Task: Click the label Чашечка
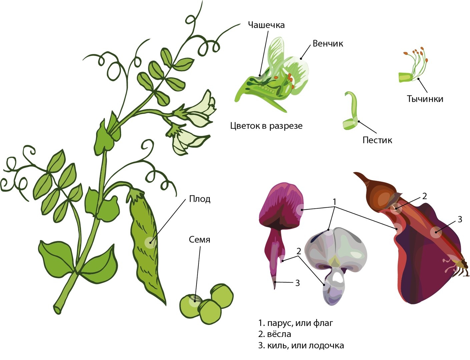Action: point(266,25)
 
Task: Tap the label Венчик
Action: point(328,44)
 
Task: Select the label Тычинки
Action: point(425,99)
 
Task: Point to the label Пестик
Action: point(377,140)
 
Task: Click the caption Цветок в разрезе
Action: point(266,126)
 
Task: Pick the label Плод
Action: point(199,199)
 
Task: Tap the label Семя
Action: point(199,239)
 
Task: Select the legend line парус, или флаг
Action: point(296,323)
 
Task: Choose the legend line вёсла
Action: point(275,334)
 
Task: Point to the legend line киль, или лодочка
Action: point(301,346)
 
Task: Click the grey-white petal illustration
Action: point(336,265)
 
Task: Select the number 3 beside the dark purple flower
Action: point(460,219)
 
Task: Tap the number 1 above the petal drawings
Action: point(334,202)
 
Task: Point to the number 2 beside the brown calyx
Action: point(425,196)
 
